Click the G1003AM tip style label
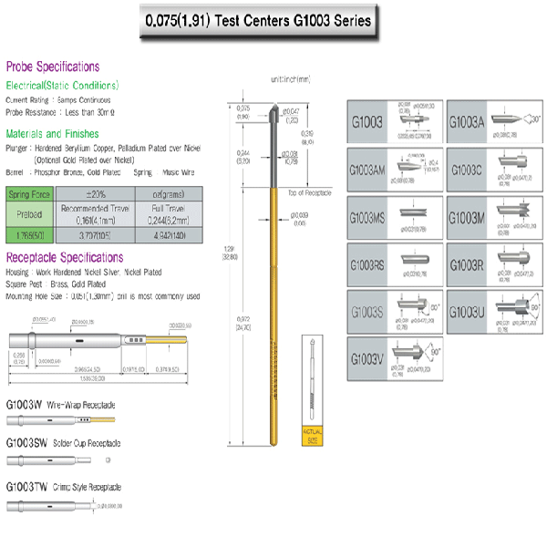[x=370, y=170]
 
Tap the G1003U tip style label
[x=467, y=312]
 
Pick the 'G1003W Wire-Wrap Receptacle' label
[x=61, y=403]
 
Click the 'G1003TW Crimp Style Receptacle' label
[x=63, y=487]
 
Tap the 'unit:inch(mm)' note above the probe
[x=290, y=79]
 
